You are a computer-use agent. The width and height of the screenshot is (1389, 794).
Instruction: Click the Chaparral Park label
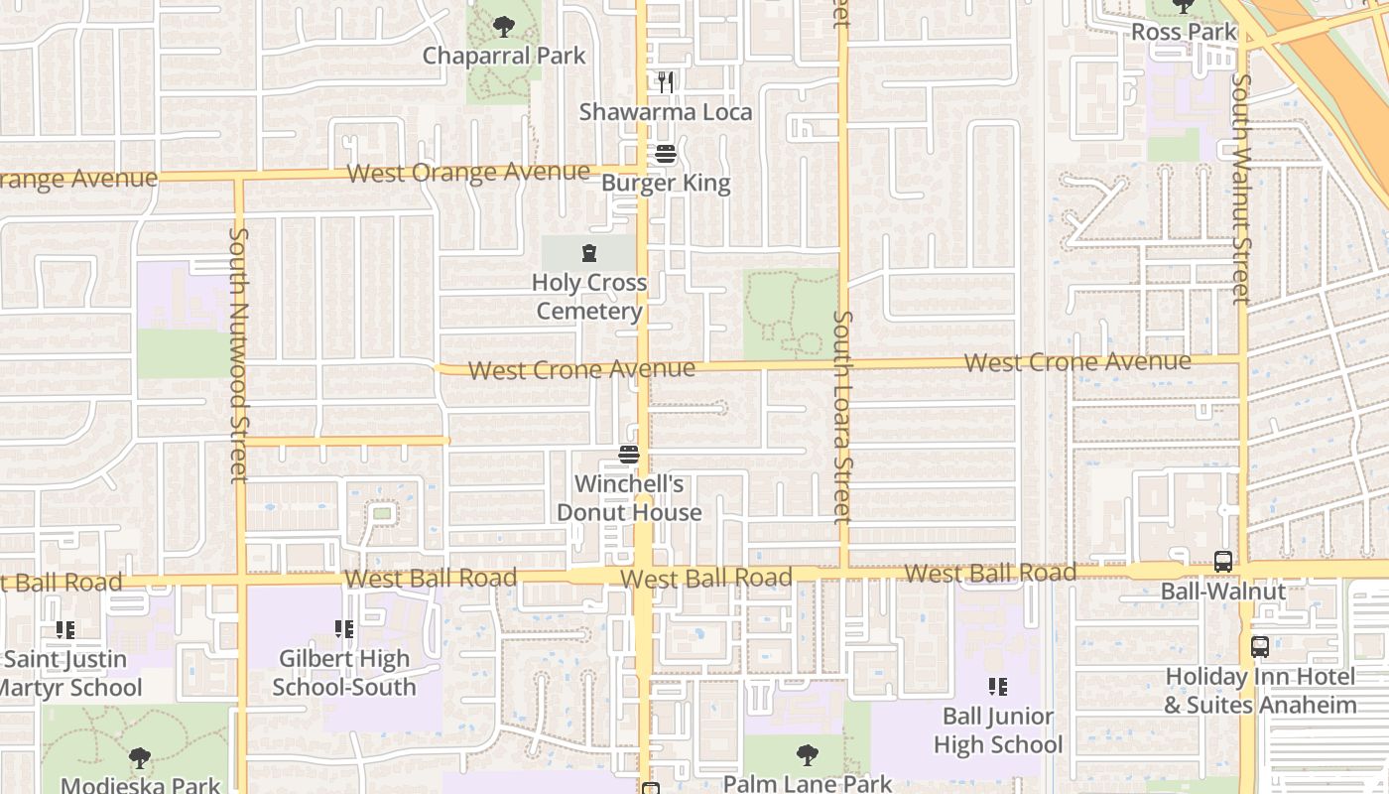504,56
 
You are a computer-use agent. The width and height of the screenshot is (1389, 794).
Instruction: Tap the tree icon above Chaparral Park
504,27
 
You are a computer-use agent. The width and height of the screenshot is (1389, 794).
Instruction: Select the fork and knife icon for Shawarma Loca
666,82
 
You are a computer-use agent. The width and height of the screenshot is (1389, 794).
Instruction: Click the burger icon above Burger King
666,154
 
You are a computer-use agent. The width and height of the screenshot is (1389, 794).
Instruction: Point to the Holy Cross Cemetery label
589,297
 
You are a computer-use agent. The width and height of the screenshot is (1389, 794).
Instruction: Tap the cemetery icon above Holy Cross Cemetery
589,253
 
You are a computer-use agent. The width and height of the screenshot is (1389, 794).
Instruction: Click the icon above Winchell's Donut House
629,456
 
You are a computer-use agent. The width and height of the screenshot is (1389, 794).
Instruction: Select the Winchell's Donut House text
629,498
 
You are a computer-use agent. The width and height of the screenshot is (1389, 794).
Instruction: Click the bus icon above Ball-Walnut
1223,562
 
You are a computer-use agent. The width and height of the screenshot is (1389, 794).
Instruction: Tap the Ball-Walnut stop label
1223,592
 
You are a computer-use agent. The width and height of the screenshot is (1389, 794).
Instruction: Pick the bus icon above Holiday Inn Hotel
1260,647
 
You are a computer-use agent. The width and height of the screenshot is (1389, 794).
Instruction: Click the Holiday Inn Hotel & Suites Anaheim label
1260,691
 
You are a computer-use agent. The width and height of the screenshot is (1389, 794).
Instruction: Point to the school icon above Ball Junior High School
998,686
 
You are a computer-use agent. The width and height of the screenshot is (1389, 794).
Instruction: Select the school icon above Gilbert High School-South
344,628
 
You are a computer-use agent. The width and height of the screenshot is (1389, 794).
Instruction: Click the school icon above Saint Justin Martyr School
65,629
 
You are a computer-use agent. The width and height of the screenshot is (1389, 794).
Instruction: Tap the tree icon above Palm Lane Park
808,755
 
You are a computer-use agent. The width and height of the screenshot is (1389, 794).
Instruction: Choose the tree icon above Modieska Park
140,759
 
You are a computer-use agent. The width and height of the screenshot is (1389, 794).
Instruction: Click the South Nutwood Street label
238,355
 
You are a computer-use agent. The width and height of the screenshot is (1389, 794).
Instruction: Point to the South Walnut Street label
1239,189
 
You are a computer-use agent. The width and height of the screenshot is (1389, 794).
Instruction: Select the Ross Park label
1185,32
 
